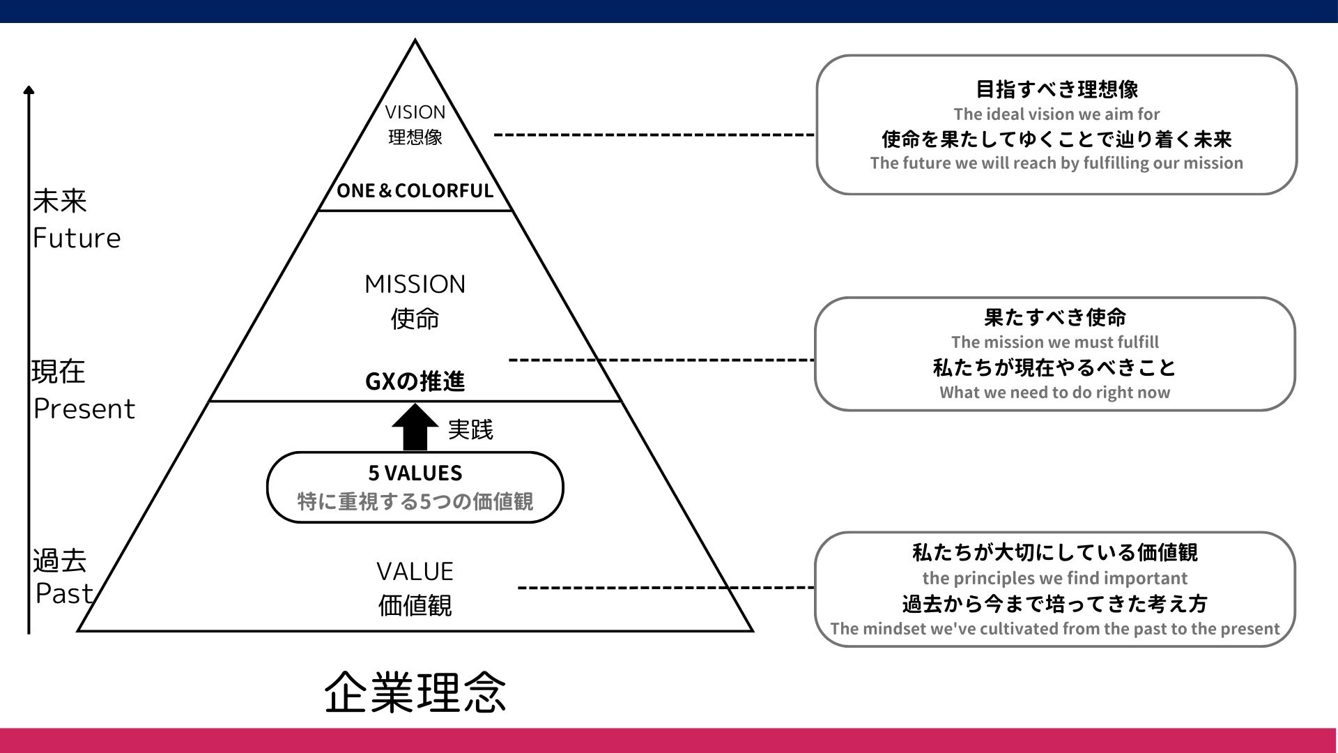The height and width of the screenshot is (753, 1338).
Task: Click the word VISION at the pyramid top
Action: click(415, 112)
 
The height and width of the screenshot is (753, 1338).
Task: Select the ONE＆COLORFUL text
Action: click(415, 191)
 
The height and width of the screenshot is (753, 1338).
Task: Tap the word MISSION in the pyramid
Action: click(415, 284)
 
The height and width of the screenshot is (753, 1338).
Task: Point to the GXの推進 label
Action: click(415, 381)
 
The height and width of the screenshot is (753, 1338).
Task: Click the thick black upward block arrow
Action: click(415, 427)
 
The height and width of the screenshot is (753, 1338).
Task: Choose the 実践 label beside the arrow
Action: click(470, 429)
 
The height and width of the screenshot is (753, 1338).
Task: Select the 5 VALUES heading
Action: click(415, 473)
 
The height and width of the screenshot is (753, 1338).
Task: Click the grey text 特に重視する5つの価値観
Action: click(415, 502)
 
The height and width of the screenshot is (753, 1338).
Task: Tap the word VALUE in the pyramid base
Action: click(415, 572)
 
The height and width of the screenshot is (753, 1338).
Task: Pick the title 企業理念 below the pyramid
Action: click(415, 693)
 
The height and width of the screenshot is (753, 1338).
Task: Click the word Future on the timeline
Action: click(77, 238)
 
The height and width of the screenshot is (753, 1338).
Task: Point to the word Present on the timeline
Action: click(84, 409)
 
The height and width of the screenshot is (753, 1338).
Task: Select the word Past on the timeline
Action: click(64, 594)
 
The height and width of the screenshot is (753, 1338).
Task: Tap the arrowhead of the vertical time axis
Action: click(29, 91)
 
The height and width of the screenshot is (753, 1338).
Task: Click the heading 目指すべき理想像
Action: click(1056, 89)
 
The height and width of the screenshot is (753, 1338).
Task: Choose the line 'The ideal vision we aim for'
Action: click(1056, 114)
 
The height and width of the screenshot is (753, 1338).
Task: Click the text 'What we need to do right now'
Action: click(1054, 393)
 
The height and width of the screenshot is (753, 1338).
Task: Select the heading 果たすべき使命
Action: click(1054, 318)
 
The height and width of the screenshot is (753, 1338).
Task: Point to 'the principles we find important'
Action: click(1054, 579)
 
